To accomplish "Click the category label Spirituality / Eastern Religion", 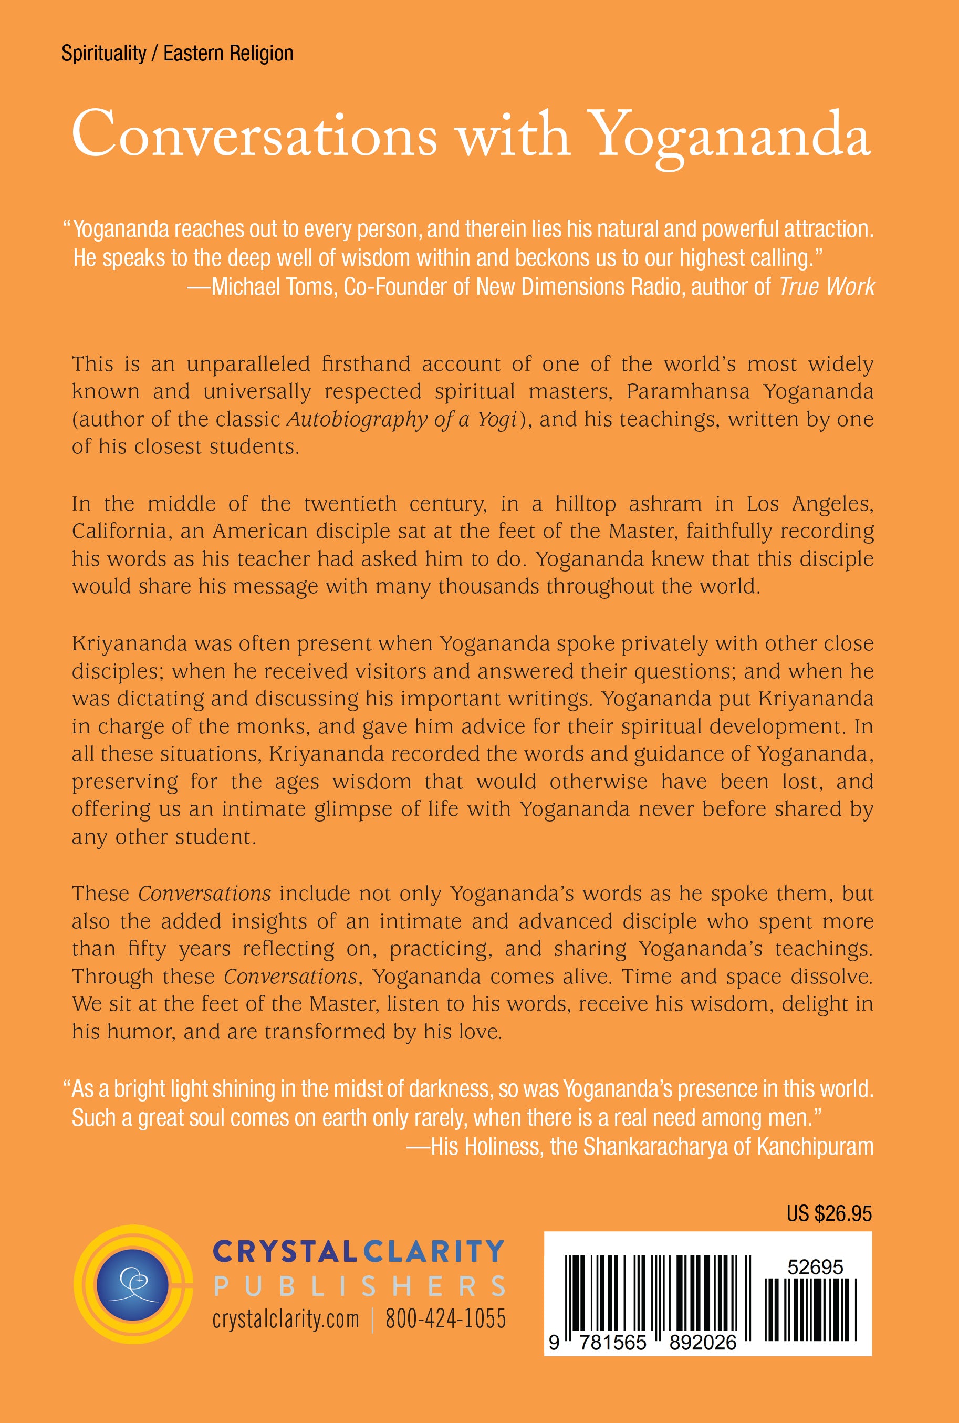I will (x=177, y=54).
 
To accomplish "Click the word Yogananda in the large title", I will (x=731, y=136).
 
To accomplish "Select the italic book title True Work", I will (x=827, y=287).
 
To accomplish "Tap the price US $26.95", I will (x=829, y=1214).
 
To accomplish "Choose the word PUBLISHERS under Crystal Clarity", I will (x=360, y=1286).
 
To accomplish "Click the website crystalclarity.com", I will (x=286, y=1320).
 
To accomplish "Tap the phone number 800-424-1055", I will (x=445, y=1320).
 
